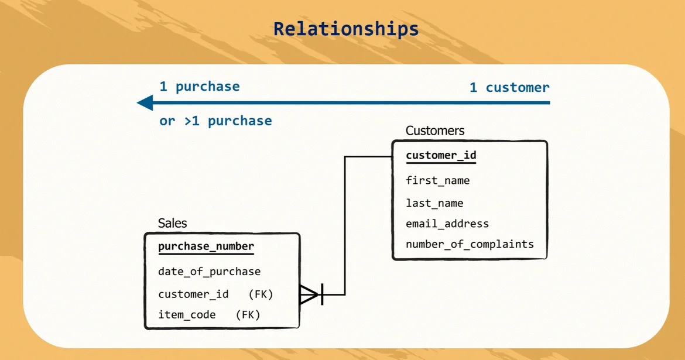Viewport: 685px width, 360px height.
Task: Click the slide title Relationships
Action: tap(346, 29)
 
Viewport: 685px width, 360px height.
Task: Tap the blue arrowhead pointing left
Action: tap(145, 103)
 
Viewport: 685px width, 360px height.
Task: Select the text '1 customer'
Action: tap(509, 88)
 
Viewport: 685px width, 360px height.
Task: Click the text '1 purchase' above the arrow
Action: tap(200, 87)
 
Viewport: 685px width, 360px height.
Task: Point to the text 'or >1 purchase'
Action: tap(215, 121)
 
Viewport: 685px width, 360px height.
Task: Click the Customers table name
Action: tap(435, 131)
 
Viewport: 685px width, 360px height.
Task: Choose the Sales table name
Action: tap(173, 223)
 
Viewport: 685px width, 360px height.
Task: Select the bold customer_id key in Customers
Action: tap(441, 155)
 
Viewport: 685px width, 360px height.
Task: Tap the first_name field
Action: tap(437, 180)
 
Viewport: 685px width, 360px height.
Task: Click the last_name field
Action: tap(434, 203)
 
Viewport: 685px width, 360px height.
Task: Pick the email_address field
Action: tap(447, 224)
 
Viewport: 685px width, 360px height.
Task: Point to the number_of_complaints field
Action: tap(470, 244)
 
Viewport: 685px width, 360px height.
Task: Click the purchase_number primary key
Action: tap(206, 246)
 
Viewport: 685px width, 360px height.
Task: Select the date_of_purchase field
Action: tap(209, 272)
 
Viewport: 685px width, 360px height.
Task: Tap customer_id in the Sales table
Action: tap(193, 294)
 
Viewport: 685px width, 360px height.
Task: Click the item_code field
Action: tap(187, 315)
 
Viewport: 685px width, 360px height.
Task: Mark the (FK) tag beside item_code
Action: tap(248, 315)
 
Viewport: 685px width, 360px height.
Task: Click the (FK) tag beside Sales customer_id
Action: tap(261, 294)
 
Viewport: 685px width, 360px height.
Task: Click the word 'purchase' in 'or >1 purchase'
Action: tap(239, 121)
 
